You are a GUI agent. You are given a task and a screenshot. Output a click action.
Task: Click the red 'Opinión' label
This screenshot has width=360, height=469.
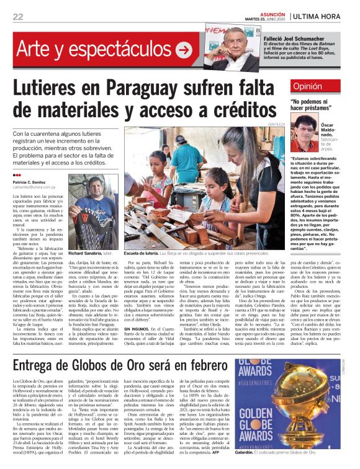(x=308, y=87)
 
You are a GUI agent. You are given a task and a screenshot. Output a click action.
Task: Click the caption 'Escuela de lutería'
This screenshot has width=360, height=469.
(x=145, y=254)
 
